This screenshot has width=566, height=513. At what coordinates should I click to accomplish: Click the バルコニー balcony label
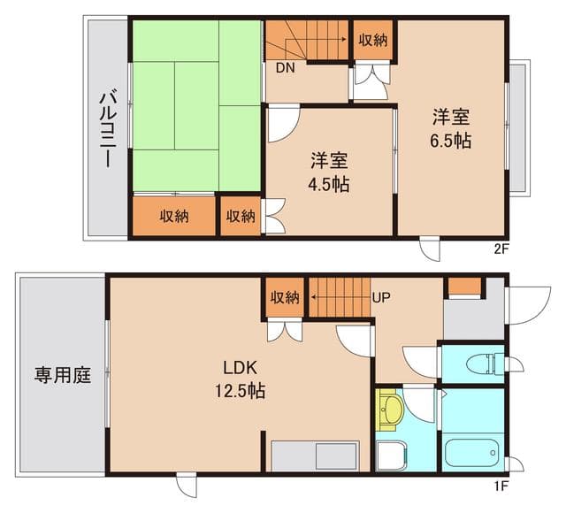[106, 129]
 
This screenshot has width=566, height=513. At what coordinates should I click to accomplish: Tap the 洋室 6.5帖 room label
[450, 128]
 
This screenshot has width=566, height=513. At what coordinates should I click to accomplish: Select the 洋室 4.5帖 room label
[328, 172]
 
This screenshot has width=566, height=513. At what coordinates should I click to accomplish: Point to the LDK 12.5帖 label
[240, 378]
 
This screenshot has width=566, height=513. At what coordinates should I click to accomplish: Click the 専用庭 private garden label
[63, 375]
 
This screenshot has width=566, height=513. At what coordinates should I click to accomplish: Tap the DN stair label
[285, 68]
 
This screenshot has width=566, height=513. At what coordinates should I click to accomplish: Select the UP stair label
[381, 297]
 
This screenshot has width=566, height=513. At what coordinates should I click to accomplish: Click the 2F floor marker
[501, 249]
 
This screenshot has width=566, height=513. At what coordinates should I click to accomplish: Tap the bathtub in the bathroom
[472, 453]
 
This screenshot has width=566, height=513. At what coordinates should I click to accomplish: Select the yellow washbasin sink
[391, 409]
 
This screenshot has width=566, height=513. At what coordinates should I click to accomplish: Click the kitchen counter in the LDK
[315, 456]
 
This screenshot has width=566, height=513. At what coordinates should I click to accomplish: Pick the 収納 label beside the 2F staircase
[372, 40]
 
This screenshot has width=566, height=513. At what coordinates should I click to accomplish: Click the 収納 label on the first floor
[285, 297]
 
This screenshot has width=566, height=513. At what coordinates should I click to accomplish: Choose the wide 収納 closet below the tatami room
[173, 216]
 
